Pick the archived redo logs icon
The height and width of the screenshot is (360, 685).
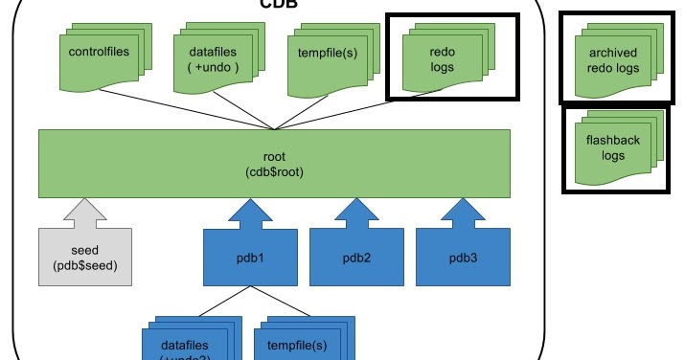pyautogui.click(x=612, y=59)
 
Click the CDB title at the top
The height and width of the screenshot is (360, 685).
pyautogui.click(x=278, y=4)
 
